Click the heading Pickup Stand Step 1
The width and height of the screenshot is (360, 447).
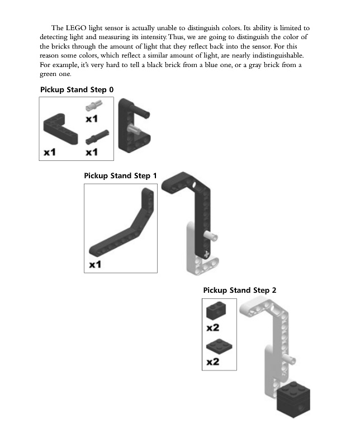pos(120,176)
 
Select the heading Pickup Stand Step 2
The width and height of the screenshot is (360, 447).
pos(240,291)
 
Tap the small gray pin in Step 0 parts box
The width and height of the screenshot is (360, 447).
pos(92,105)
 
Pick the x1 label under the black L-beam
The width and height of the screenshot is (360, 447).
pos(50,151)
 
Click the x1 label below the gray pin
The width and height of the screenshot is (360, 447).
pos(92,118)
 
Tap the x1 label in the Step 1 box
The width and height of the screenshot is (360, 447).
pos(96,264)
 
